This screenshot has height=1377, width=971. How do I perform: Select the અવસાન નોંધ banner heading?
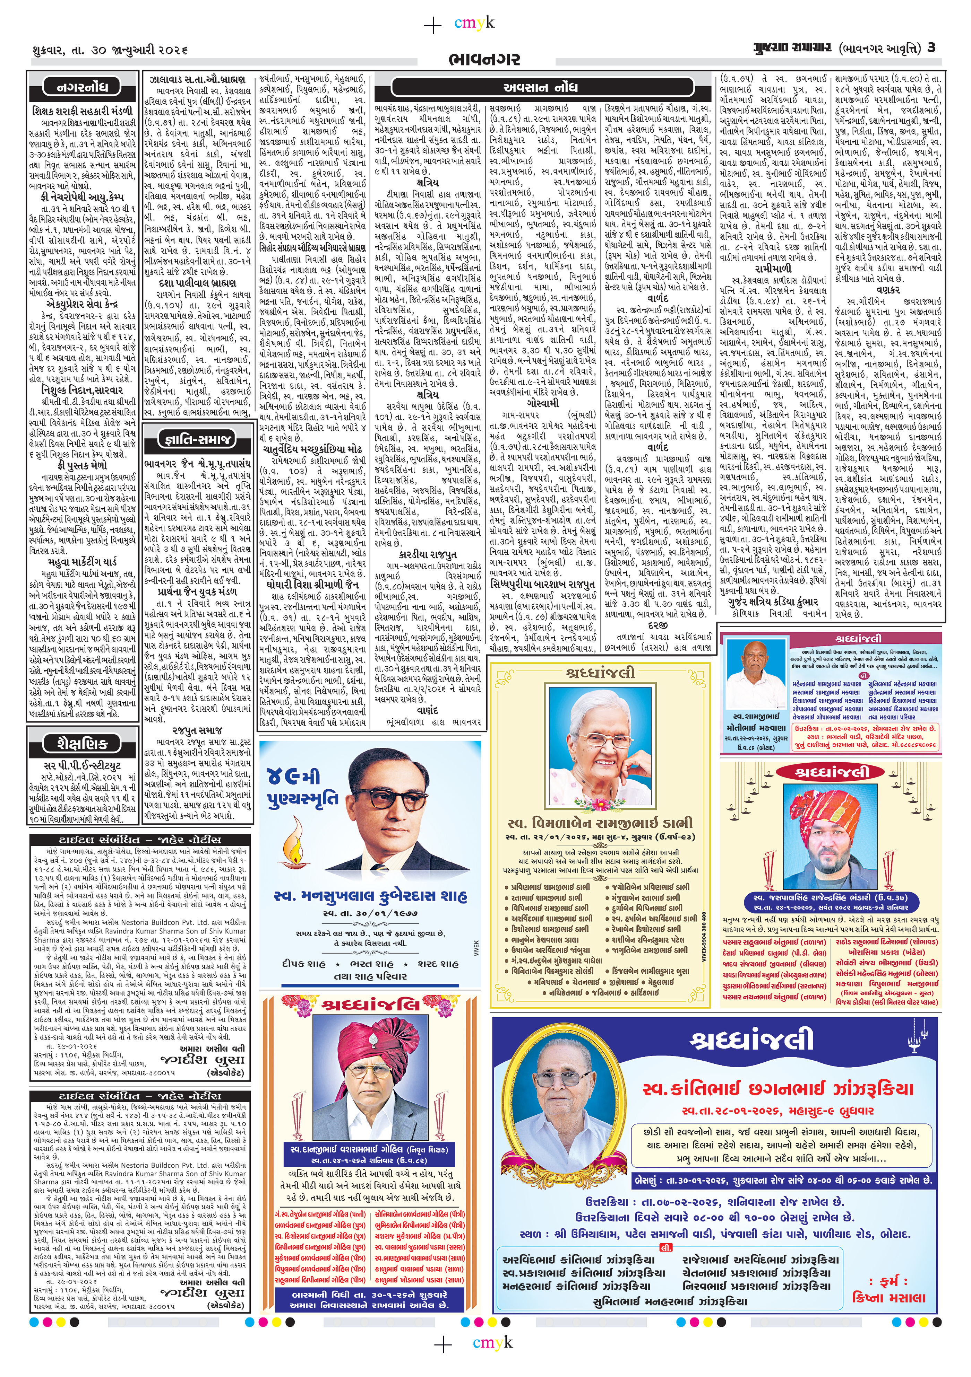tap(542, 88)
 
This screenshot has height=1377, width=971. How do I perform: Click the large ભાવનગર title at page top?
tap(484, 59)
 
